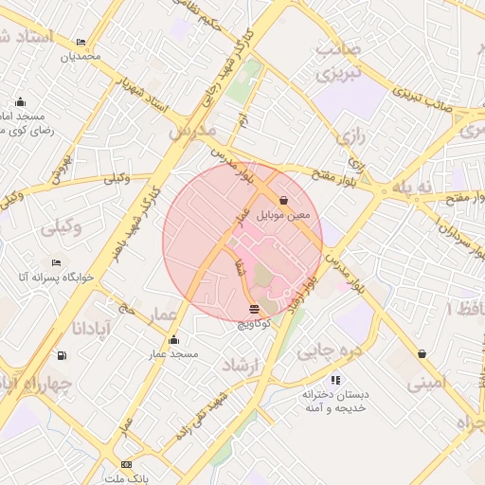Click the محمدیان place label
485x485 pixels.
[80, 57]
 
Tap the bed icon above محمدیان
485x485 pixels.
[81, 43]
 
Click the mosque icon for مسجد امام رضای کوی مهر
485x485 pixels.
[21, 102]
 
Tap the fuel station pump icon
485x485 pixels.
[63, 355]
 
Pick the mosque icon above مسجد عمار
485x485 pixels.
[172, 340]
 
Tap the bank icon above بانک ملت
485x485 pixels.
[126, 464]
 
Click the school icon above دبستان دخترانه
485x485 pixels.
[336, 380]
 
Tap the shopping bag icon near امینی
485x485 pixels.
[421, 354]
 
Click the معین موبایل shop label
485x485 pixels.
[290, 214]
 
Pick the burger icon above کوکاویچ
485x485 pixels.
[254, 310]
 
